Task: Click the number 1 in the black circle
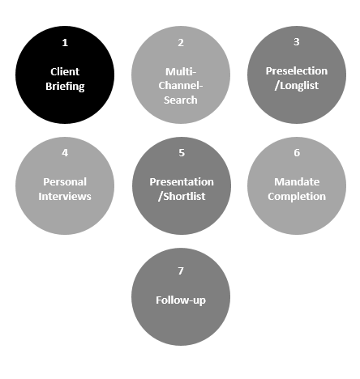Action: click(x=65, y=43)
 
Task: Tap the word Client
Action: click(x=65, y=72)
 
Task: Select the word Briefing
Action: click(x=65, y=87)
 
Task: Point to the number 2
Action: click(x=181, y=43)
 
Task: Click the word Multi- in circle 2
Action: click(x=181, y=72)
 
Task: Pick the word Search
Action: click(x=181, y=100)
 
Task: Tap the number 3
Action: click(x=297, y=42)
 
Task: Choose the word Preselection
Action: click(x=297, y=71)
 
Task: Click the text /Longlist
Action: click(x=297, y=86)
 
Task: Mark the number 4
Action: click(x=65, y=153)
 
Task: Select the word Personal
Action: click(x=65, y=182)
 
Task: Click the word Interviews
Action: click(x=65, y=197)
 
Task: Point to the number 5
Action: click(x=182, y=153)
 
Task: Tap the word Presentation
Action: click(x=182, y=182)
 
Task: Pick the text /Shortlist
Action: click(x=182, y=197)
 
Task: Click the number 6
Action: click(x=297, y=153)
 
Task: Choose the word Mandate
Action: click(x=297, y=182)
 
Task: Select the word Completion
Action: click(x=297, y=197)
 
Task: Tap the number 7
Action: click(x=181, y=271)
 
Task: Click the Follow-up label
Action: click(x=181, y=300)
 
